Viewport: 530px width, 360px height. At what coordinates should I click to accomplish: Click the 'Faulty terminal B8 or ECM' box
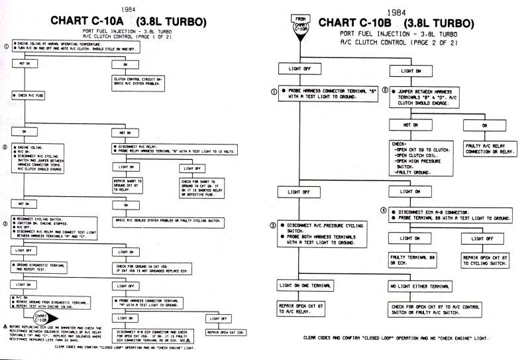407,262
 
